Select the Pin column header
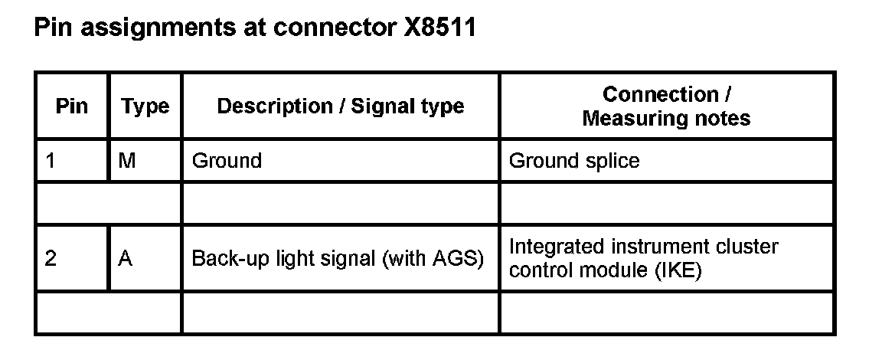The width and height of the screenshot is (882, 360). pyautogui.click(x=72, y=106)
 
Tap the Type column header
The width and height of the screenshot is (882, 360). pyautogui.click(x=145, y=106)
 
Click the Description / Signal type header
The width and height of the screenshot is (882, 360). pyautogui.click(x=341, y=106)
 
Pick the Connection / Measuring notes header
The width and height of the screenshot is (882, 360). pyautogui.click(x=666, y=106)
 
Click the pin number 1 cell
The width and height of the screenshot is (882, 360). pyautogui.click(x=51, y=161)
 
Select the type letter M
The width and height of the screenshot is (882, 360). pyautogui.click(x=127, y=161)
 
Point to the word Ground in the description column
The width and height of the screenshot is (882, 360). pyautogui.click(x=227, y=161)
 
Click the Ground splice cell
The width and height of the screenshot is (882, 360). pyautogui.click(x=574, y=161)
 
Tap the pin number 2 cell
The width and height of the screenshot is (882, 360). pyautogui.click(x=51, y=258)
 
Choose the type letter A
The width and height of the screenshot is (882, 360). pyautogui.click(x=126, y=258)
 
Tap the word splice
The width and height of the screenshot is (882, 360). pyautogui.click(x=612, y=161)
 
